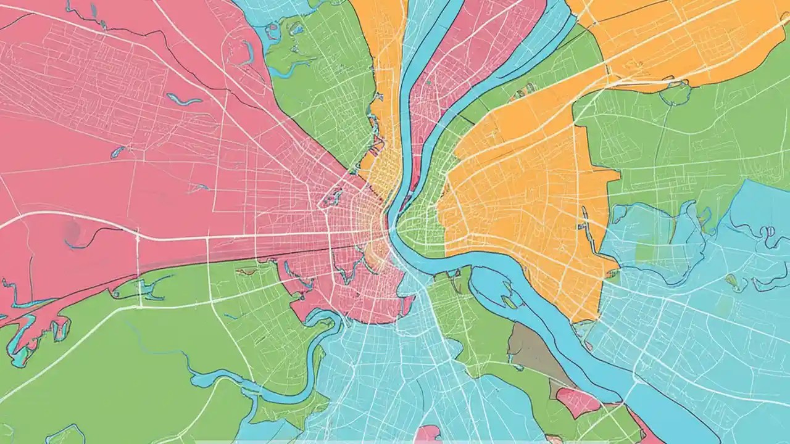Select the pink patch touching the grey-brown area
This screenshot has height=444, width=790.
[577, 401]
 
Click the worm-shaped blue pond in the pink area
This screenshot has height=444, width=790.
[183, 100]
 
